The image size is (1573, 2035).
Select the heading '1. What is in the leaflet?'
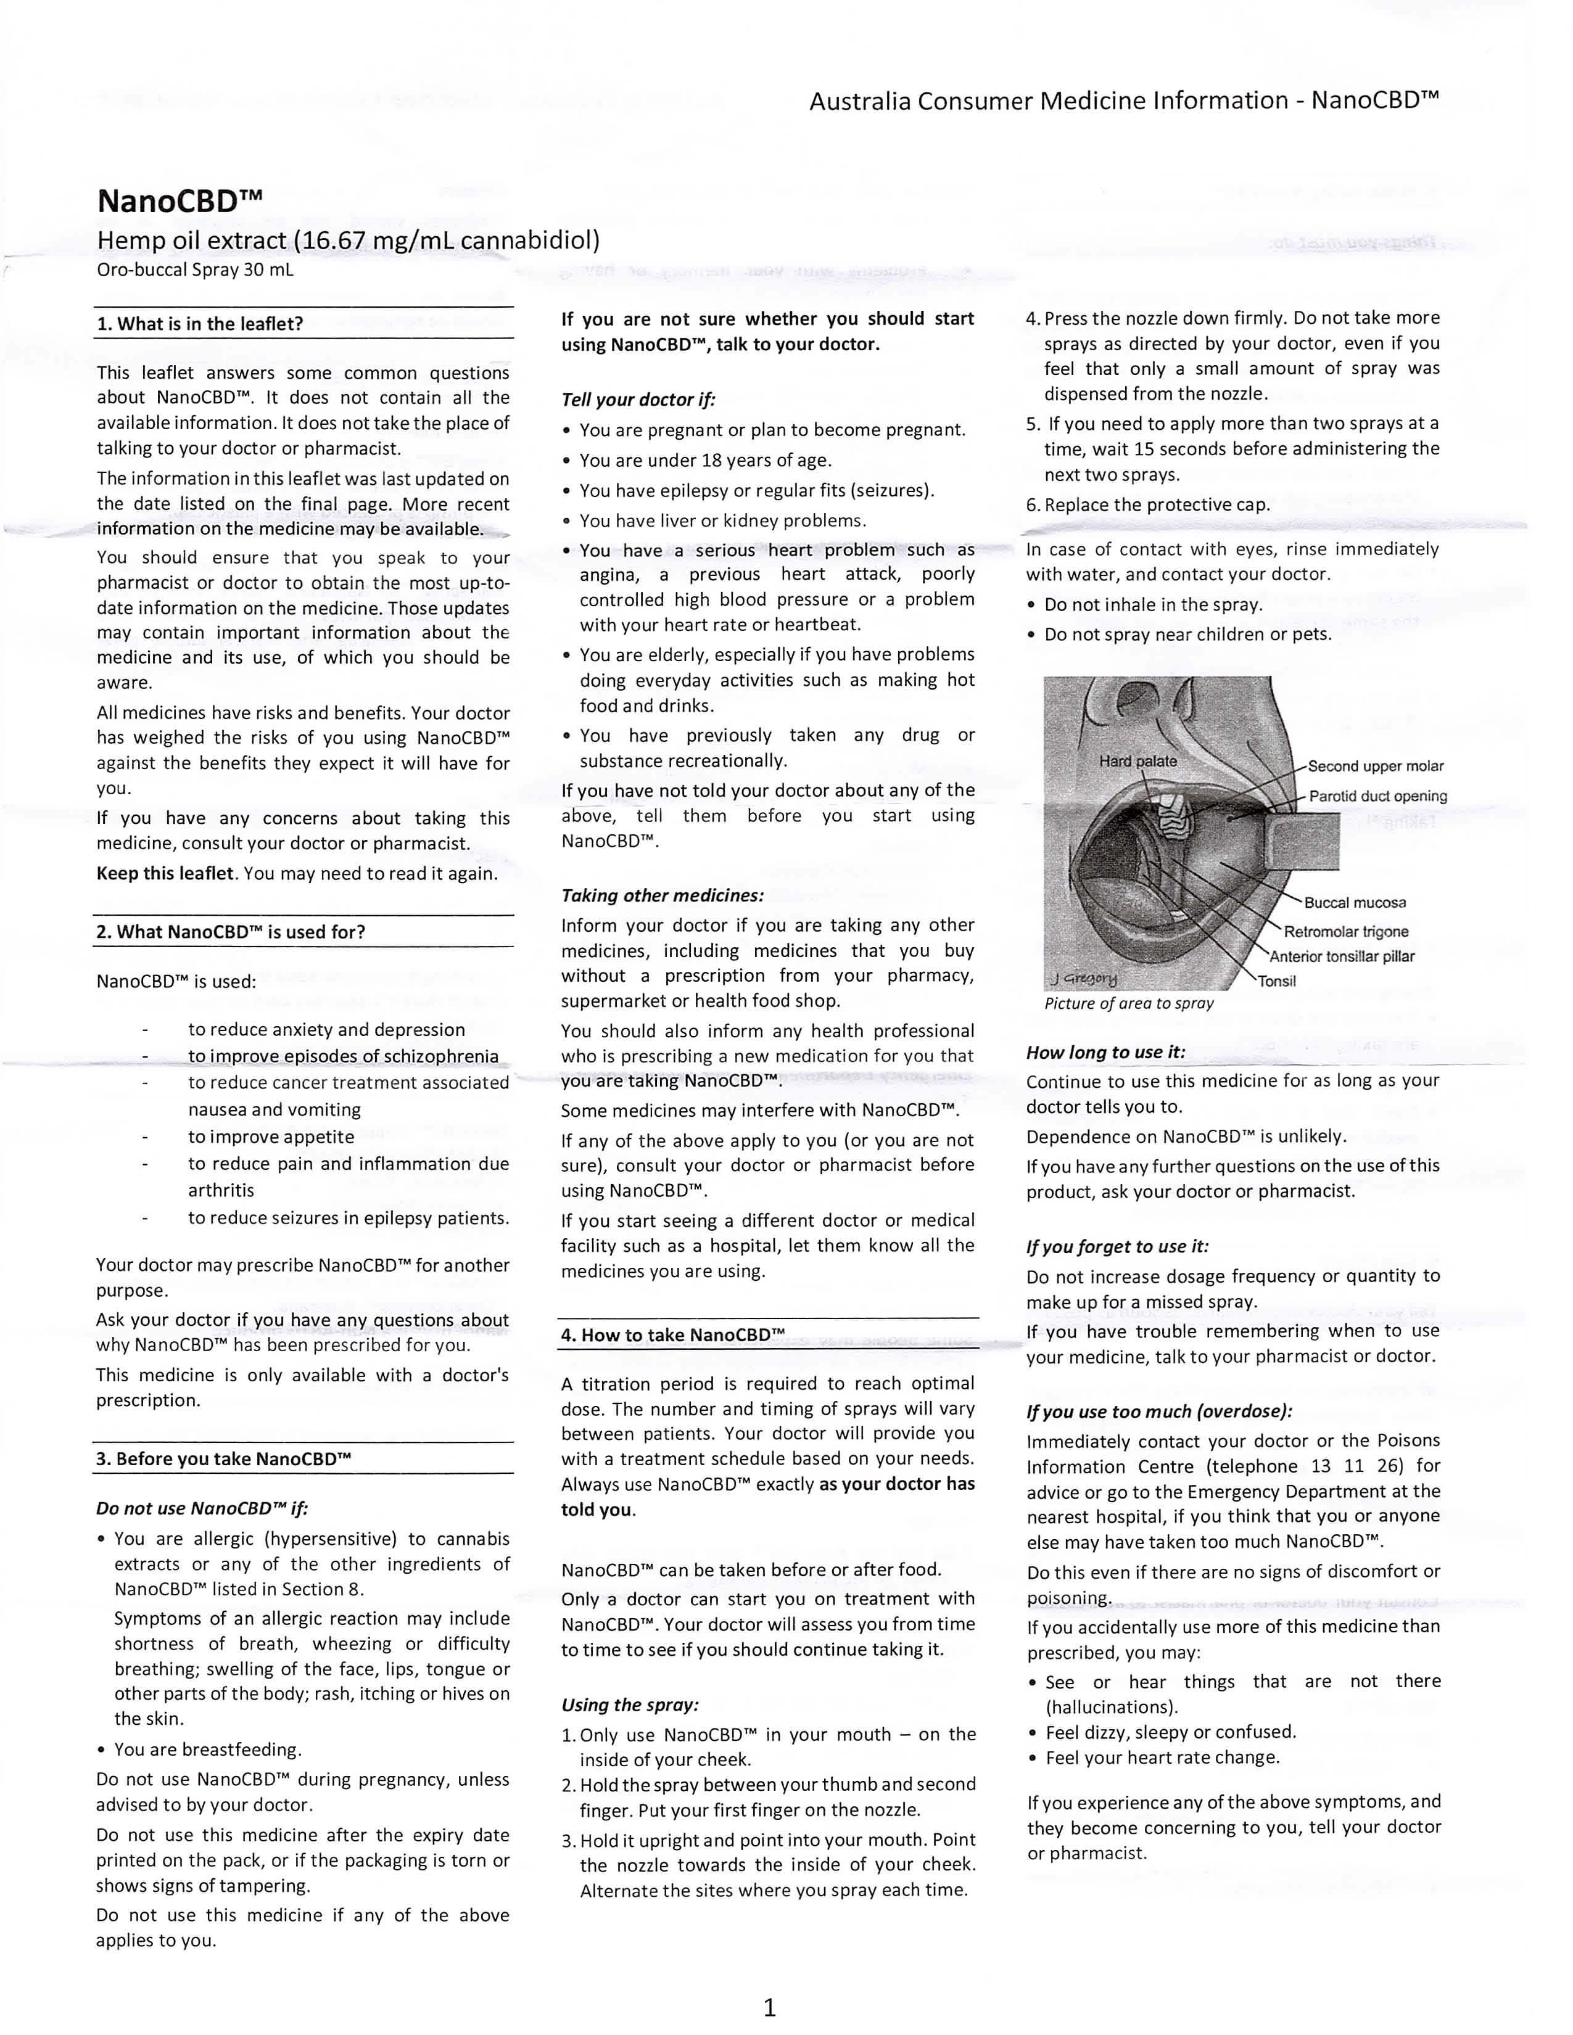click(200, 324)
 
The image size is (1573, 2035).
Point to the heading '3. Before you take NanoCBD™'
click(224, 1458)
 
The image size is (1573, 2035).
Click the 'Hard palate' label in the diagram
click(1138, 761)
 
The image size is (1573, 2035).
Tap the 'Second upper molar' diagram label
click(1376, 766)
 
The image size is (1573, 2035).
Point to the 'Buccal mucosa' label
click(1355, 902)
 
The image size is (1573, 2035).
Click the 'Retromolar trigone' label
click(1345, 932)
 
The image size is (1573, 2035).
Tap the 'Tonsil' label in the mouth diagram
click(1277, 980)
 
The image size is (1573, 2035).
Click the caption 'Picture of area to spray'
click(1128, 1003)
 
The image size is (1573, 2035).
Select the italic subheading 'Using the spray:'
click(630, 1704)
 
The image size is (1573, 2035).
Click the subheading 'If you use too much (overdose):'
click(1159, 1411)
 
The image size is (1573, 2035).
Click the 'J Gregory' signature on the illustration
click(1083, 979)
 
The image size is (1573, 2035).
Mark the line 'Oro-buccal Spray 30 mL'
click(195, 270)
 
